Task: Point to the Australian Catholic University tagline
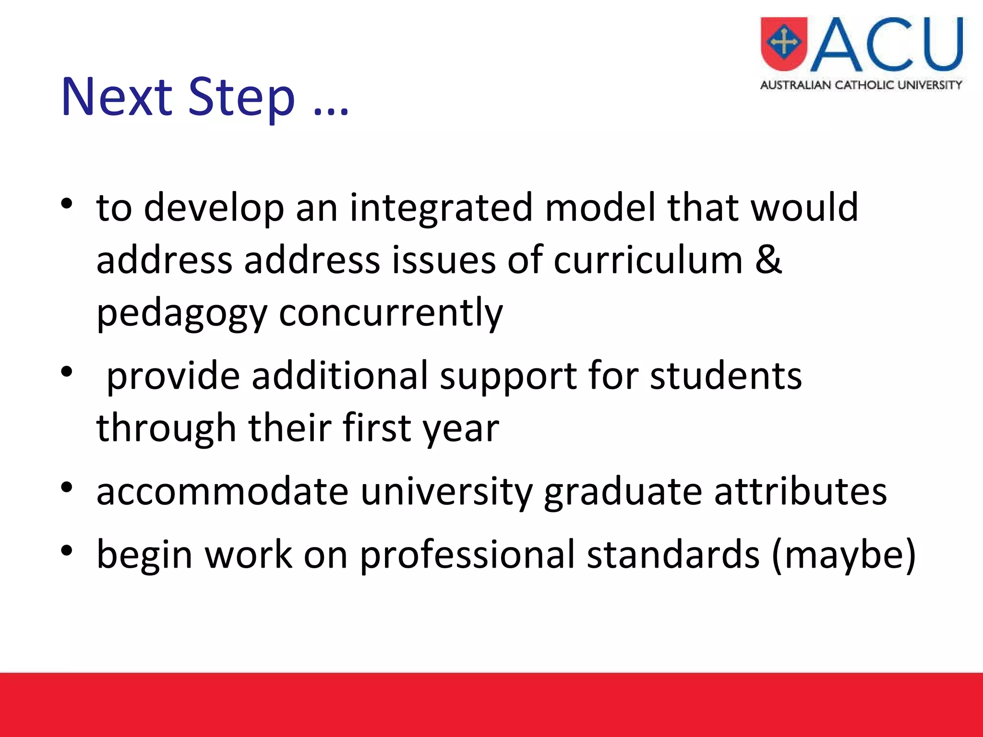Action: click(861, 85)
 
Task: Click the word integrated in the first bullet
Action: click(441, 208)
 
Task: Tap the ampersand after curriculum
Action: click(768, 260)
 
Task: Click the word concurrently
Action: click(391, 312)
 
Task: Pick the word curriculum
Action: click(648, 261)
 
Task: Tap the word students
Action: click(726, 376)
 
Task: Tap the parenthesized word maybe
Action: click(844, 555)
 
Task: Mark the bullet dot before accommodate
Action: click(67, 487)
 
